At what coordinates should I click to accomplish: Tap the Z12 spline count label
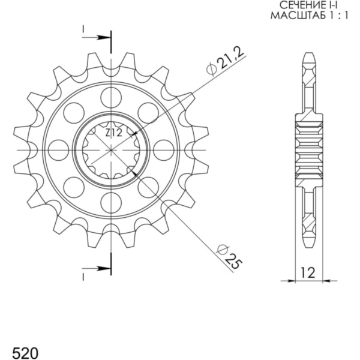113,133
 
